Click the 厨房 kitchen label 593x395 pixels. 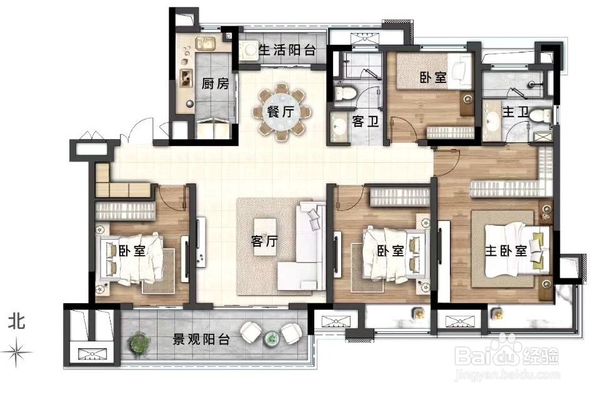[x=215, y=84]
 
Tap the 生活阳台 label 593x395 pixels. [x=287, y=49]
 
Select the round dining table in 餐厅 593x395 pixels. [x=280, y=112]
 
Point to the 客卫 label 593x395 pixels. [x=363, y=122]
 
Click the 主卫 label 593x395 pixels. [x=515, y=112]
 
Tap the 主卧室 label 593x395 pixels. [x=506, y=250]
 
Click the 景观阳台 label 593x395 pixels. [x=201, y=339]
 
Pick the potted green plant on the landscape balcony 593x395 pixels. [x=139, y=343]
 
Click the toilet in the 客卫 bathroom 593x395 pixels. [x=344, y=93]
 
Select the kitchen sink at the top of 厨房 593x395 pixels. [x=204, y=44]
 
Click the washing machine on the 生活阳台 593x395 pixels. [x=249, y=51]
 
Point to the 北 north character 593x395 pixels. [x=17, y=322]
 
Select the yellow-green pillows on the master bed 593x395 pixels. [x=537, y=248]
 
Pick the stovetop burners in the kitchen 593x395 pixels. [x=186, y=77]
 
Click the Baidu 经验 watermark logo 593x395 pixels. [x=507, y=357]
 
